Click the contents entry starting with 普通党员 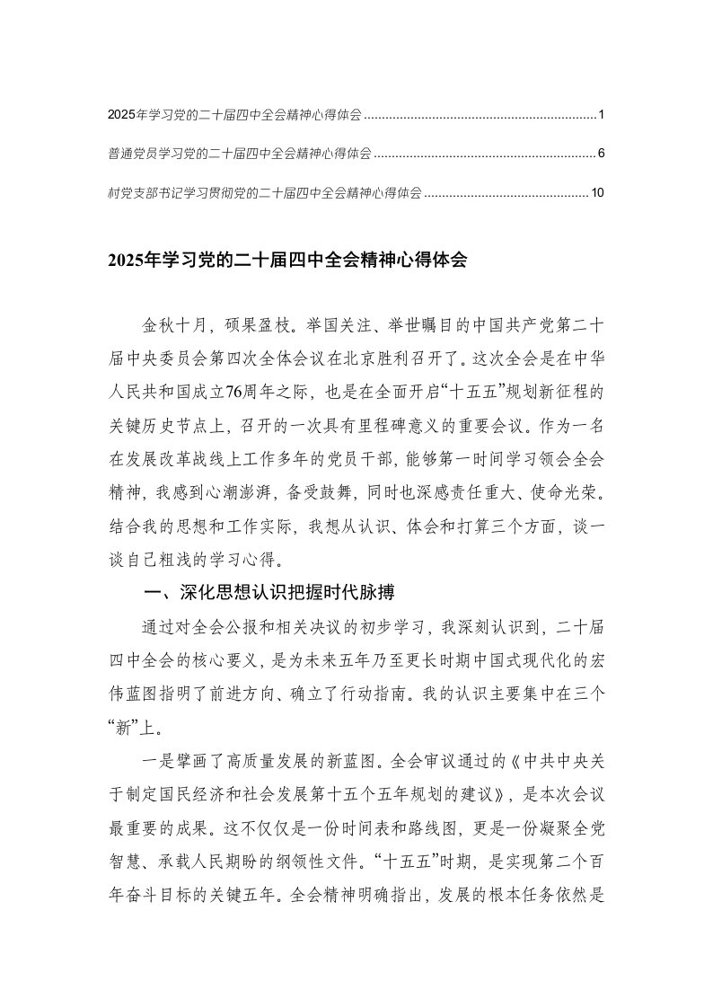point(239,154)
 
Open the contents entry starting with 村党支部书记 point(264,192)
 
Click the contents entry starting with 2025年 point(234,115)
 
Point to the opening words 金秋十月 point(165,323)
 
